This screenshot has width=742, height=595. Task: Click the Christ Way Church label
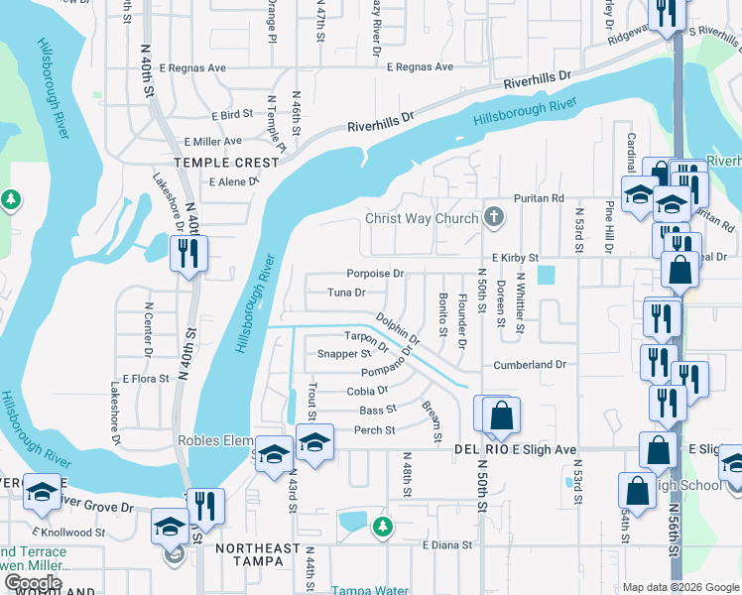tap(422, 219)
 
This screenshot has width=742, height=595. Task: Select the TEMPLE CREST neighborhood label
tap(215, 163)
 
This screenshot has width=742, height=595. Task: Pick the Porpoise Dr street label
tap(375, 274)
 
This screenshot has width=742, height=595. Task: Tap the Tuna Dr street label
tap(347, 294)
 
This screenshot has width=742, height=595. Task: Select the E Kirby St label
tap(513, 257)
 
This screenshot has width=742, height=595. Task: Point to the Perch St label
tap(375, 430)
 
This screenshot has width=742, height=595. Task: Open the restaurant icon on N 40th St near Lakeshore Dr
tap(187, 254)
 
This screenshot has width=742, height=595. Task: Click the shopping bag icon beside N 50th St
tap(502, 415)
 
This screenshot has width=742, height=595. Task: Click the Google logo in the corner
tap(33, 583)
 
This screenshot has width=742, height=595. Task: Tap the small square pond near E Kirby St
tap(544, 275)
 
